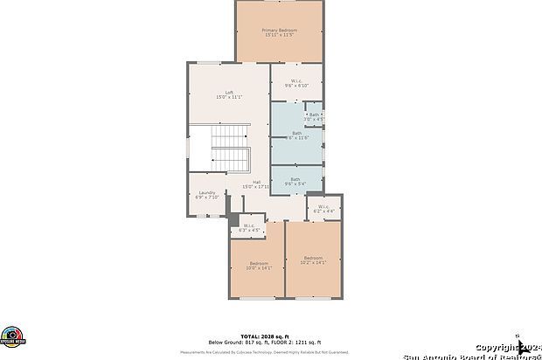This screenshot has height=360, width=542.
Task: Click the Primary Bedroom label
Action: [279, 31]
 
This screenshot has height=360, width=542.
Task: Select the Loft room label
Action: [229, 93]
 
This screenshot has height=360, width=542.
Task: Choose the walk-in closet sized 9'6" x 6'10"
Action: [295, 85]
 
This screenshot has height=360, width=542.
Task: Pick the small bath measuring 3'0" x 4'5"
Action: [314, 115]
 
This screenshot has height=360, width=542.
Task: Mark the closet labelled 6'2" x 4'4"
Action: [323, 208]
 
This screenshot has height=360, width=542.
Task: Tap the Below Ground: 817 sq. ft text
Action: [235, 342]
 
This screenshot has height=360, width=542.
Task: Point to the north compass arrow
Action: [519, 337]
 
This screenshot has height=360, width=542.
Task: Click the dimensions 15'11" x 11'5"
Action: [279, 35]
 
